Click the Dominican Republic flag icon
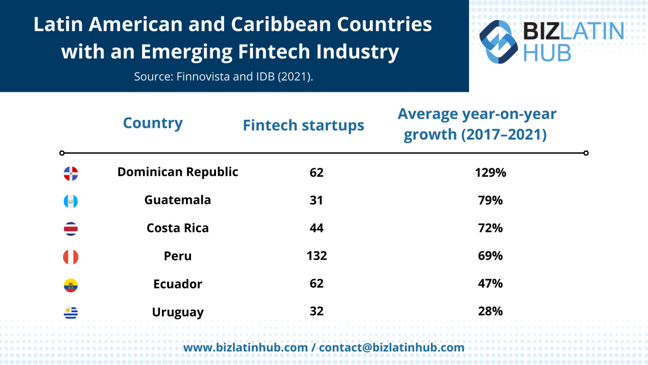pyautogui.click(x=71, y=173)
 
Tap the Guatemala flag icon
pyautogui.click(x=71, y=201)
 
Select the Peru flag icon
pyautogui.click(x=71, y=257)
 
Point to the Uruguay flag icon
pyautogui.click(x=71, y=313)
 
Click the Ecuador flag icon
pyautogui.click(x=71, y=285)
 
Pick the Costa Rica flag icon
pyautogui.click(x=71, y=229)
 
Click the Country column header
pyautogui.click(x=153, y=123)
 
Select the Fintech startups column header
pyautogui.click(x=303, y=125)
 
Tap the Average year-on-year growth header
pyautogui.click(x=477, y=124)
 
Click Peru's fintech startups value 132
pyautogui.click(x=317, y=256)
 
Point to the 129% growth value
pyautogui.click(x=490, y=172)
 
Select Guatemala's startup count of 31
pyautogui.click(x=316, y=200)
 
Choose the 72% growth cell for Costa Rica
pyautogui.click(x=490, y=228)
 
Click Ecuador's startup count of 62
pyautogui.click(x=316, y=283)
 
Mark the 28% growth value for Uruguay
pyautogui.click(x=490, y=311)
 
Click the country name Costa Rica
pyautogui.click(x=178, y=228)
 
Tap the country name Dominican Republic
pyautogui.click(x=178, y=172)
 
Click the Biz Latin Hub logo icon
pyautogui.click(x=499, y=42)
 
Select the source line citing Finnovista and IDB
pyautogui.click(x=224, y=76)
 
